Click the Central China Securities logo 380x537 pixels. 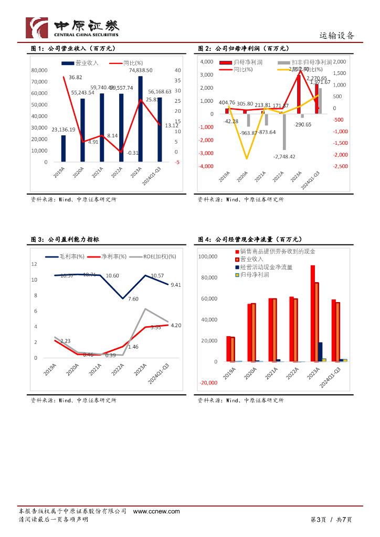pyautogui.click(x=72, y=28)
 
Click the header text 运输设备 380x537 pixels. pyautogui.click(x=337, y=36)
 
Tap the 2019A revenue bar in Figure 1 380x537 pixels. pyautogui.click(x=64, y=148)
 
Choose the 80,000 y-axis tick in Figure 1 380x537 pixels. pyautogui.click(x=39, y=70)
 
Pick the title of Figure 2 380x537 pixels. pyautogui.click(x=243, y=49)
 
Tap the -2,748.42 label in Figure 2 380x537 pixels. pyautogui.click(x=284, y=156)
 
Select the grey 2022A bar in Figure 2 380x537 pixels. pyautogui.click(x=284, y=132)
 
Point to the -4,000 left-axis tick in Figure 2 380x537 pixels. pyautogui.click(x=206, y=166)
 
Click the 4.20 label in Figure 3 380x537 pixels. pyautogui.click(x=176, y=326)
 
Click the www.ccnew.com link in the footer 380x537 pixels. pyautogui.click(x=156, y=511)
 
